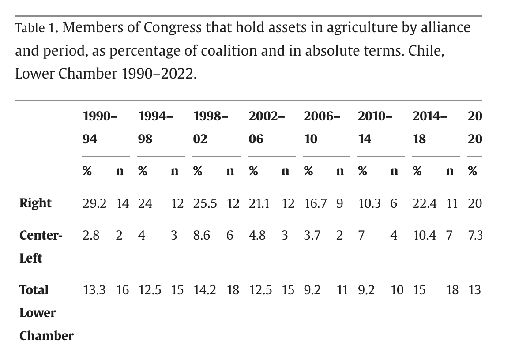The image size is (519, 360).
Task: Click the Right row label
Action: tap(35, 203)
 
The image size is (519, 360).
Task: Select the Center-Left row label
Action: tap(41, 246)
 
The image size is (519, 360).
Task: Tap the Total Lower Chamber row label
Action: tap(46, 312)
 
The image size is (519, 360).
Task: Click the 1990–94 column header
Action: tap(100, 127)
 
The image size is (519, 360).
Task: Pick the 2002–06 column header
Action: tap(266, 127)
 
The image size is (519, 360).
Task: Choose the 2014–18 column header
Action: tap(429, 127)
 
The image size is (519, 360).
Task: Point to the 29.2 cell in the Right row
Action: tap(94, 203)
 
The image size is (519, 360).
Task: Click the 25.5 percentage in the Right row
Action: tap(205, 203)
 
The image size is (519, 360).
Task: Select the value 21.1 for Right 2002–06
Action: tap(259, 203)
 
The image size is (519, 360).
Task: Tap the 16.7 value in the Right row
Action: tap(315, 203)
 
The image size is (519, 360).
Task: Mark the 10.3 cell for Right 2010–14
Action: tap(369, 203)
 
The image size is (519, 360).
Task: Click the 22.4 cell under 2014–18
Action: tap(425, 203)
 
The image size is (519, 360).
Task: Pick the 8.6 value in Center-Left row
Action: tap(202, 236)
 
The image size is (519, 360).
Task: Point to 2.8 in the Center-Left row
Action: tap(91, 236)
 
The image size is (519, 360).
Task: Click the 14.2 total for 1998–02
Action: tap(205, 290)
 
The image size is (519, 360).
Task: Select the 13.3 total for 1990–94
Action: tap(94, 290)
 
